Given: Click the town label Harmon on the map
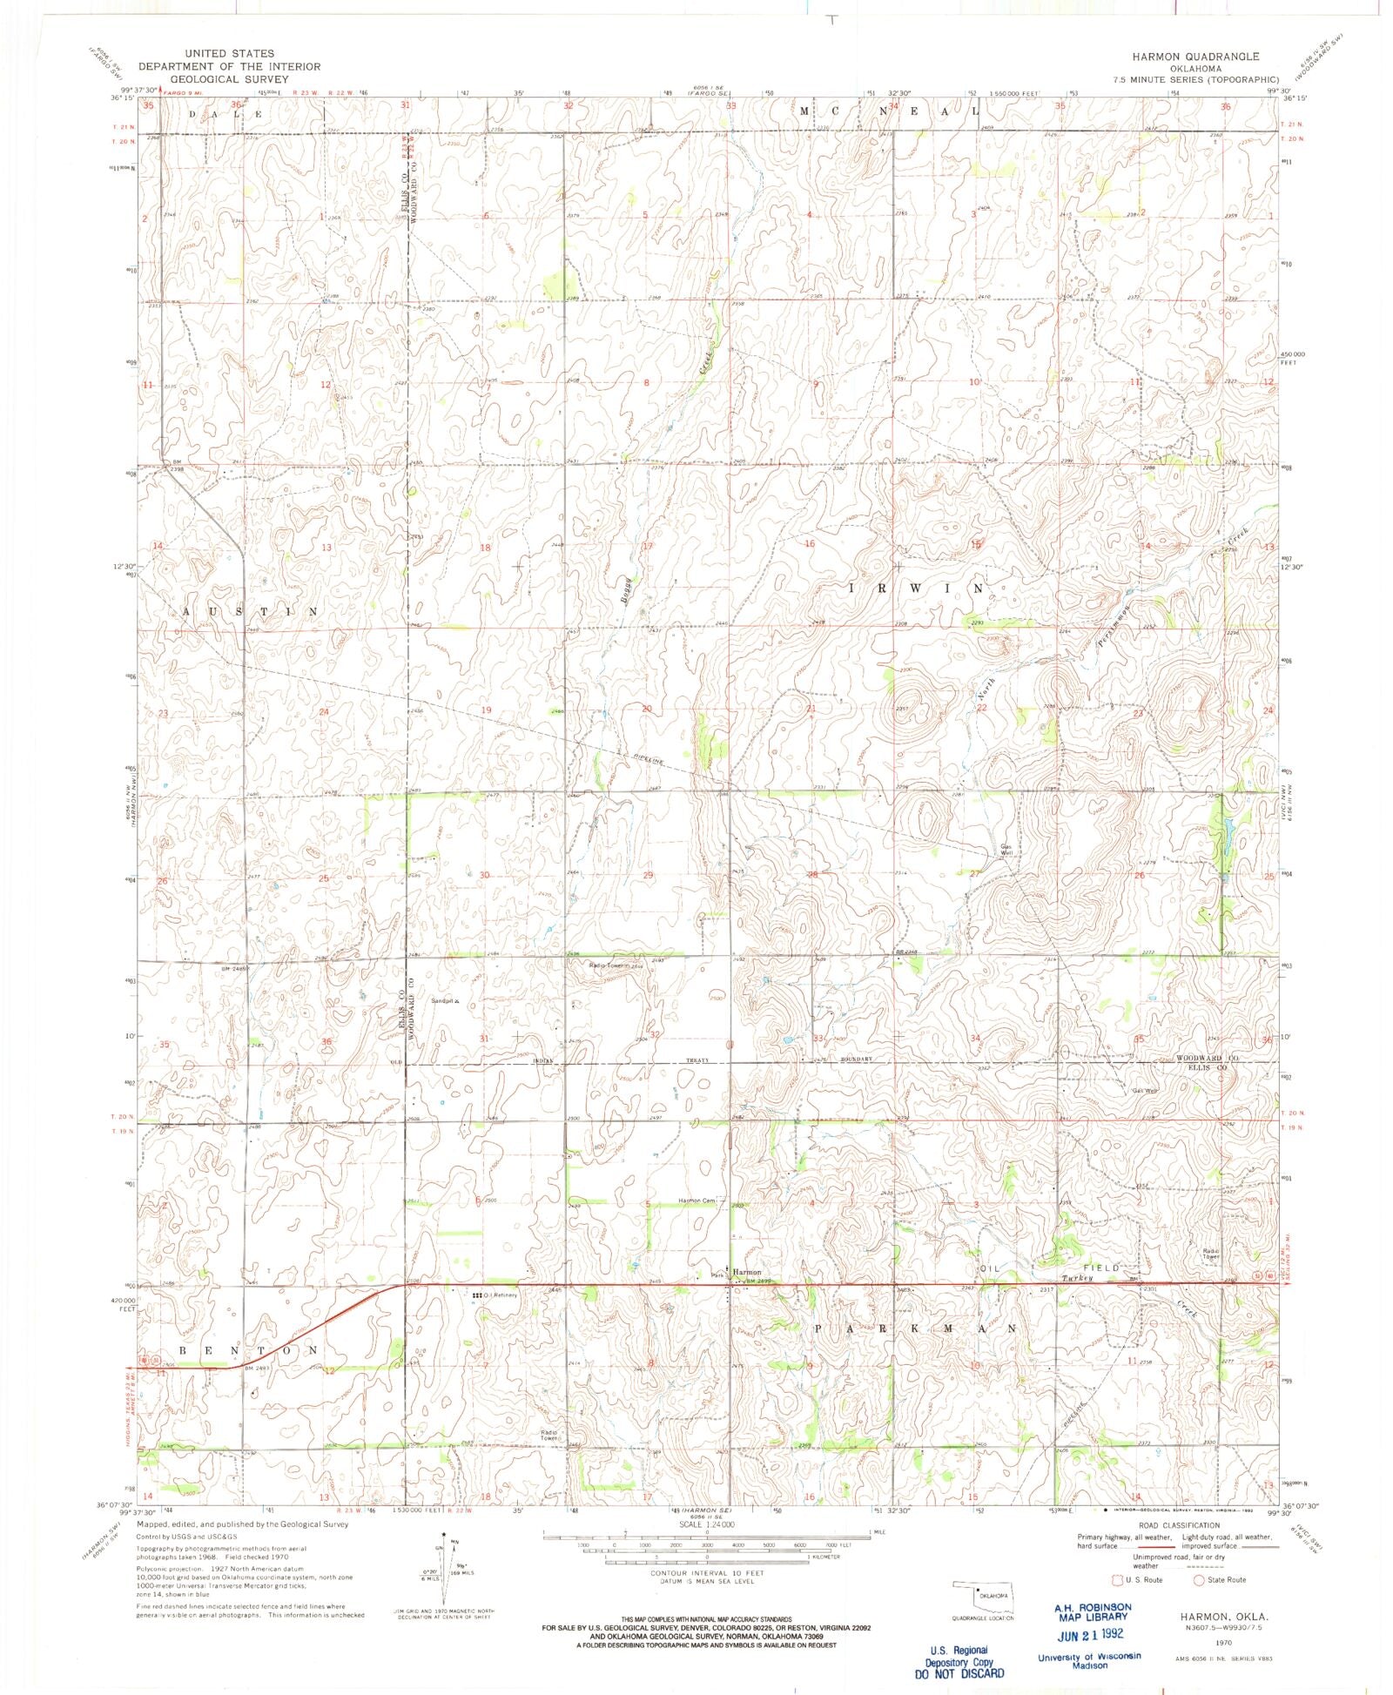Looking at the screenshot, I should pos(747,1271).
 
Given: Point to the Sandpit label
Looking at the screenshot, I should pos(454,1002).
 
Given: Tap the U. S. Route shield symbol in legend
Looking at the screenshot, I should pos(1117,1579).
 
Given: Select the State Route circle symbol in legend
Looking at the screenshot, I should pos(1199,1579).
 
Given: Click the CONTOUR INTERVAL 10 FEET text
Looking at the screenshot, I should pos(706,1574).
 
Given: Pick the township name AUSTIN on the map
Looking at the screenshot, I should pos(246,612).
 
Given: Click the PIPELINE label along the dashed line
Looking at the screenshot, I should pos(649,761).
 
